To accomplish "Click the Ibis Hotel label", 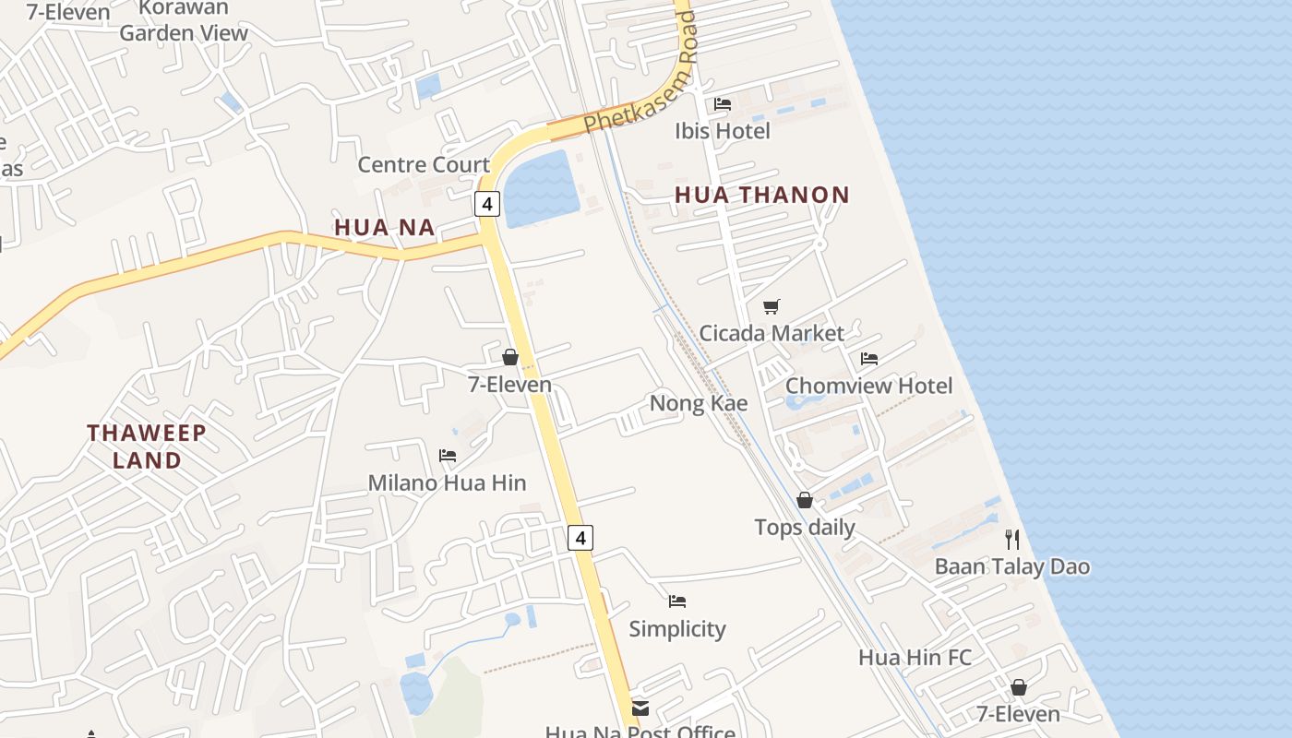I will pyautogui.click(x=722, y=131).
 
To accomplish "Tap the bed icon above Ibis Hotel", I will pyautogui.click(x=723, y=104).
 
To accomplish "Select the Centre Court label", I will pyautogui.click(x=424, y=164).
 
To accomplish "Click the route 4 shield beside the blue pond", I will pyautogui.click(x=487, y=204).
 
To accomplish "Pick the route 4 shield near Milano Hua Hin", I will pyautogui.click(x=580, y=537).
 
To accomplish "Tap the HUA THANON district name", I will pyautogui.click(x=761, y=195).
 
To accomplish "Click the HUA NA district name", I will pyautogui.click(x=384, y=227).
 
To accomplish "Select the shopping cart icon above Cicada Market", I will pyautogui.click(x=772, y=306).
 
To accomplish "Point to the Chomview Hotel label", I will pyautogui.click(x=868, y=386).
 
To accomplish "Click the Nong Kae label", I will pyautogui.click(x=699, y=403).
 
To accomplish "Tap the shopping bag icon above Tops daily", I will pyautogui.click(x=805, y=500).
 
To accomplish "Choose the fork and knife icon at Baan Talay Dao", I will pyautogui.click(x=1012, y=540).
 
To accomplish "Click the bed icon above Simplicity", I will pyautogui.click(x=677, y=601).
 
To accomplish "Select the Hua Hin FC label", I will pyautogui.click(x=915, y=658).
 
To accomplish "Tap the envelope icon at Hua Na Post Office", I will pyautogui.click(x=640, y=708).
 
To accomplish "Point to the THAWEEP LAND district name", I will pyautogui.click(x=147, y=446).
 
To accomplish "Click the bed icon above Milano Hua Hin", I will pyautogui.click(x=448, y=456).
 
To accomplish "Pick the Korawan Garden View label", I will pyautogui.click(x=184, y=20).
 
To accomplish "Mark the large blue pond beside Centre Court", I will pyautogui.click(x=542, y=189).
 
